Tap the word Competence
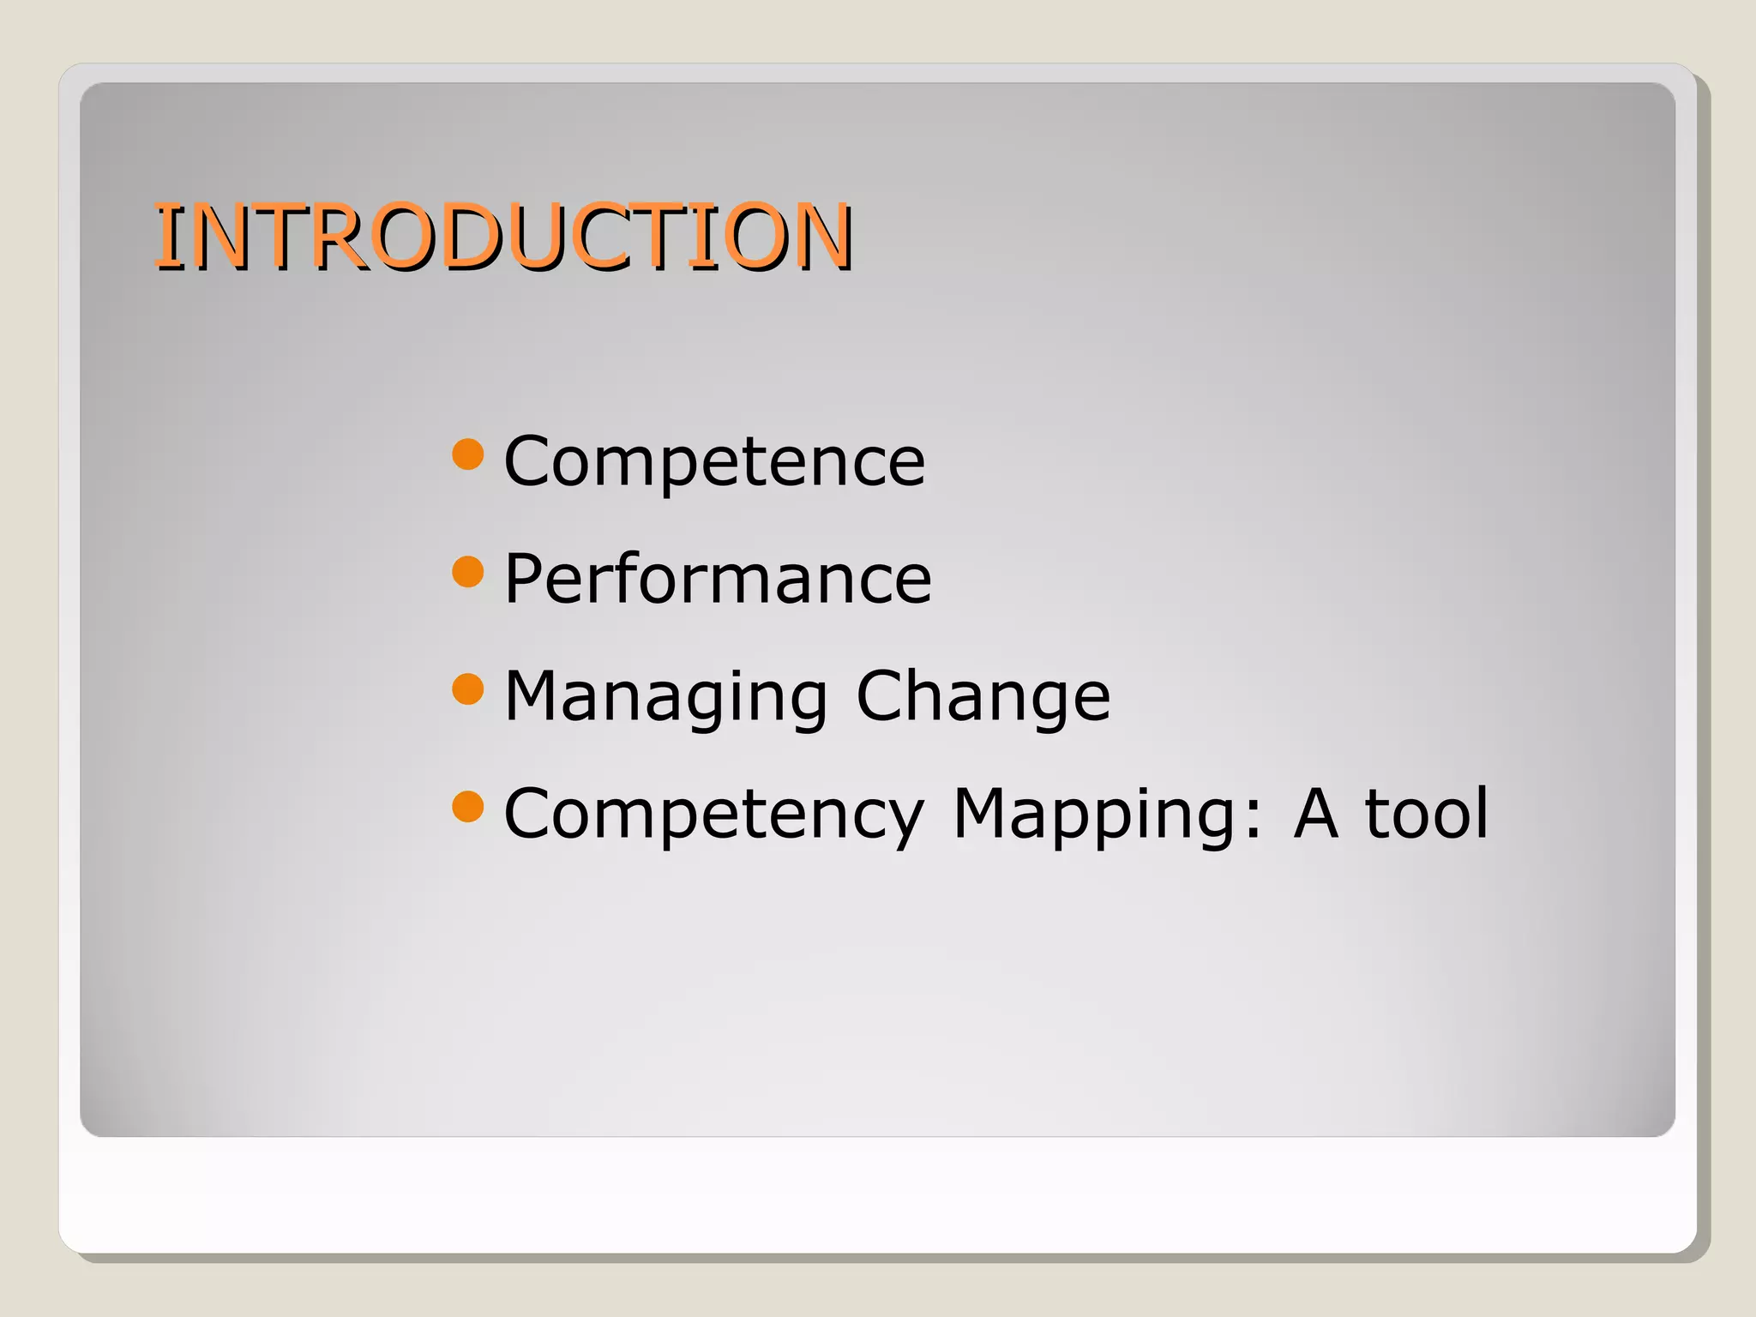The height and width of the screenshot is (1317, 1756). (714, 460)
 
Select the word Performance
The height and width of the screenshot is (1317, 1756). (718, 579)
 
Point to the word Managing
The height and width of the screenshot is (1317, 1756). (665, 696)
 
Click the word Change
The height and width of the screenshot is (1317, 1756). (983, 695)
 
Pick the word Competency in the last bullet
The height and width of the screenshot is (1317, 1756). (714, 814)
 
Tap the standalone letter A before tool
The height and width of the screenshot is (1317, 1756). (1316, 812)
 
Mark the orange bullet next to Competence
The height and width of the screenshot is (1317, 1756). (468, 454)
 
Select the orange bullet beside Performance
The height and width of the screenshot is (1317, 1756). (468, 571)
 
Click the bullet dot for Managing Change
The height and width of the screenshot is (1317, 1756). (468, 689)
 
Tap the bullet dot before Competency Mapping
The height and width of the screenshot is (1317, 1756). (468, 806)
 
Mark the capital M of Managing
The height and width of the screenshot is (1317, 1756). (535, 695)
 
